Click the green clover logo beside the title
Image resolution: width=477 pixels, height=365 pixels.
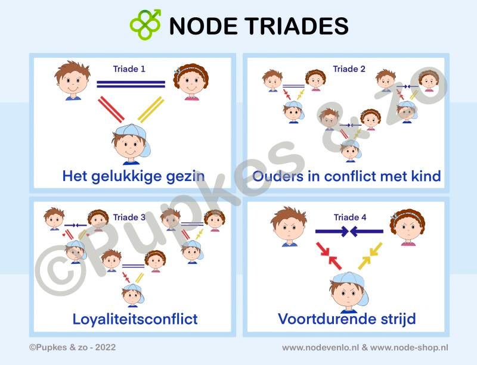coord(145,24)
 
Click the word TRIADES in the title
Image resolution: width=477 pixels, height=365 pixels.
coord(291,26)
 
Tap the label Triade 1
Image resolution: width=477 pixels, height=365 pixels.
coord(129,69)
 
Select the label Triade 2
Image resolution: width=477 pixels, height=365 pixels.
coord(349,69)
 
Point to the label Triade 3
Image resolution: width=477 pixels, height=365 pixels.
coord(129,217)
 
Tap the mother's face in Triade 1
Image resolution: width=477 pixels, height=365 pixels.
coord(191,83)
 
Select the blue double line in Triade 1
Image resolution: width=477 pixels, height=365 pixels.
coord(131,85)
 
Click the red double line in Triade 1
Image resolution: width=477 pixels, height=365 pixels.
coord(110,110)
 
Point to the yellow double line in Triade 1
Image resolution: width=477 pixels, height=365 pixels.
coord(151,110)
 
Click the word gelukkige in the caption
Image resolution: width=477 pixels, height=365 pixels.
coord(131,176)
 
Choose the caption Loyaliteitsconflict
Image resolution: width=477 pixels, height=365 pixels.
coord(135,319)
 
